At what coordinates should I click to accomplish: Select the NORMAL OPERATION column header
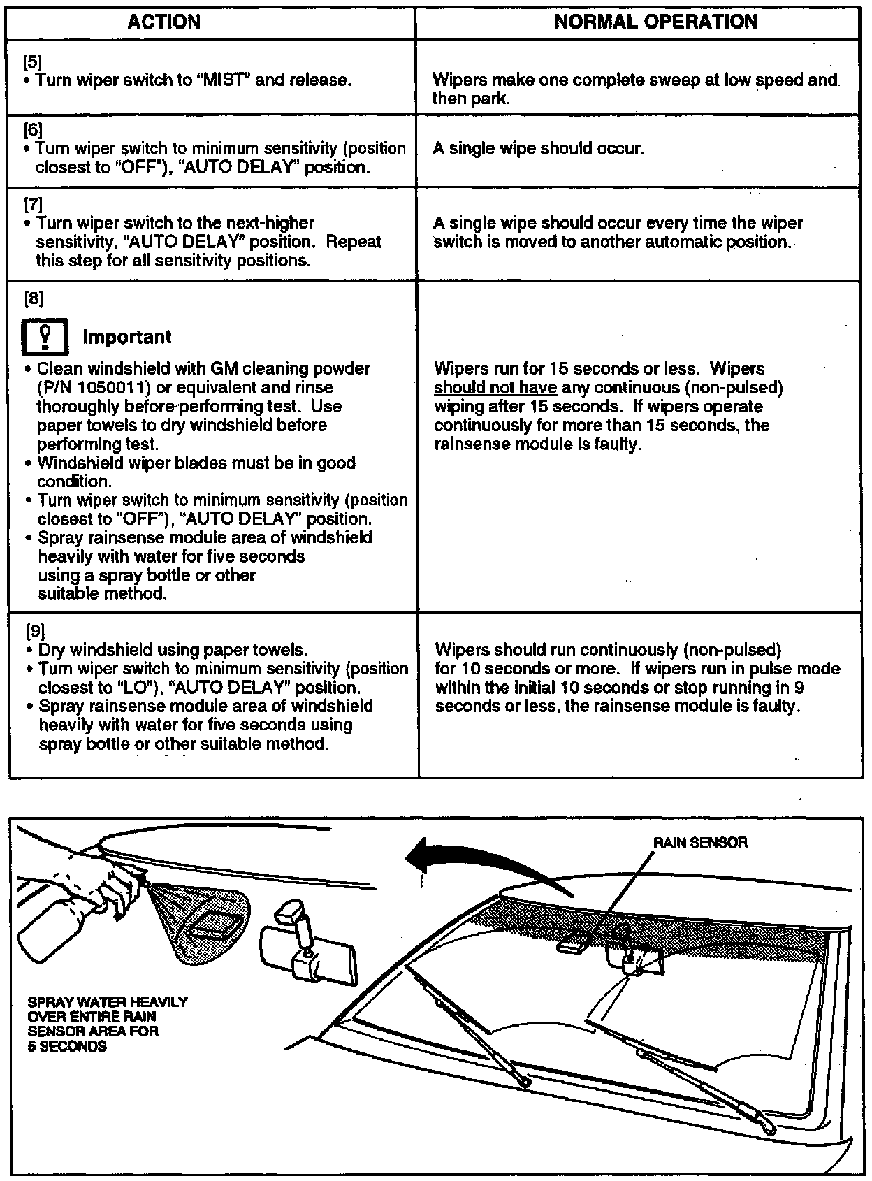655,22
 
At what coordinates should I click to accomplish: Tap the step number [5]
32,61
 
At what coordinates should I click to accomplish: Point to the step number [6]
32,130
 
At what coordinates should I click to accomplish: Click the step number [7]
32,205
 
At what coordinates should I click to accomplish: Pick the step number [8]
34,298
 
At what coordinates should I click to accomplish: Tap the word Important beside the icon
126,337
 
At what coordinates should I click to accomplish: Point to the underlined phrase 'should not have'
495,388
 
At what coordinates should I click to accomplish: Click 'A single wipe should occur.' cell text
538,149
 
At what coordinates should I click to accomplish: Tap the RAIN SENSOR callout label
699,843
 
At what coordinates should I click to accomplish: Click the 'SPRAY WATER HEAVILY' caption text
108,1002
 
